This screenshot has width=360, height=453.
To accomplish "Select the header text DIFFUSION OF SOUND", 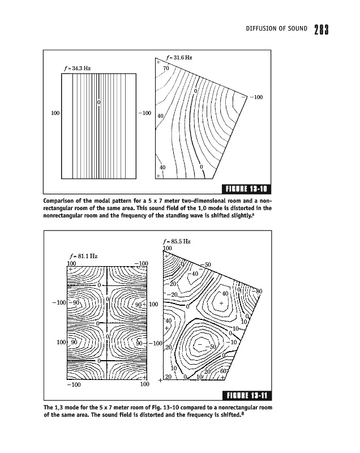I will [274, 28].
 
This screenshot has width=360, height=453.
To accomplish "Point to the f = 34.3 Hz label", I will [78, 69].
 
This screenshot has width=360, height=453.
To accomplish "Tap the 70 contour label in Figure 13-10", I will [166, 69].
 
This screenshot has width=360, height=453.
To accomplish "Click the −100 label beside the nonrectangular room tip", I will [255, 98].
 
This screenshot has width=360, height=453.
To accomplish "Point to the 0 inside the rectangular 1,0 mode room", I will [99, 102].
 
